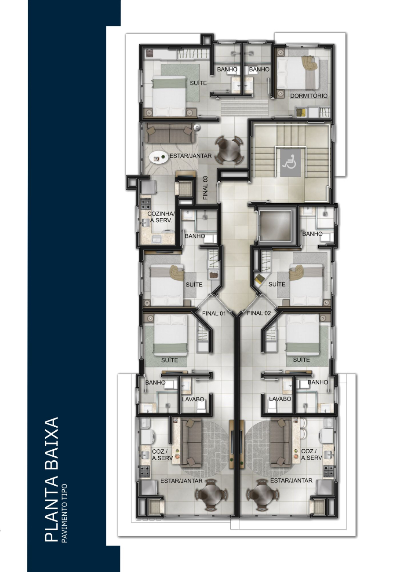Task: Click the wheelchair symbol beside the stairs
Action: click(x=291, y=162)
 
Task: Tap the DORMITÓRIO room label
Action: click(x=309, y=96)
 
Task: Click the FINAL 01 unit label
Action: click(x=214, y=313)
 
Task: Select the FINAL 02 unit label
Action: click(x=258, y=313)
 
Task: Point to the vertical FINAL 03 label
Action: click(x=205, y=188)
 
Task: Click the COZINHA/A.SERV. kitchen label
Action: click(x=161, y=217)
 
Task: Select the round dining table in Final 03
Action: click(x=229, y=150)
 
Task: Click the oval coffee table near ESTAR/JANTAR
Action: click(x=158, y=158)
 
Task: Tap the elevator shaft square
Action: click(x=274, y=226)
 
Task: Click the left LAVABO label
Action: click(x=193, y=399)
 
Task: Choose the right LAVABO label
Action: click(x=280, y=399)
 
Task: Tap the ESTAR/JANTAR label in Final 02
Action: click(x=291, y=480)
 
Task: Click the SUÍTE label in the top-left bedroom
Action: click(x=198, y=83)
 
